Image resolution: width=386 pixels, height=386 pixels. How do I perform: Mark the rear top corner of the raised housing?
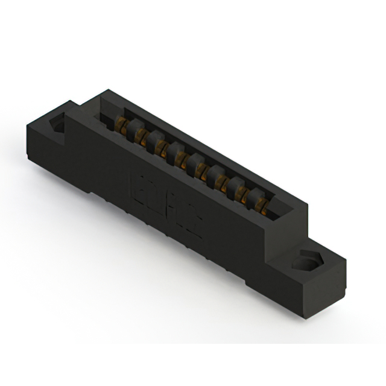pos(107,90)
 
